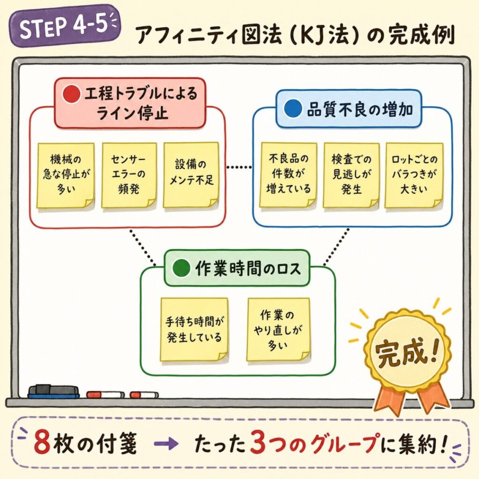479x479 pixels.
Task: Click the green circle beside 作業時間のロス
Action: [x=180, y=269]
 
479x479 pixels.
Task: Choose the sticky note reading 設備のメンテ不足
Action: [x=191, y=174]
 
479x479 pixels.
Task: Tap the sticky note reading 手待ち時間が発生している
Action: [x=194, y=329]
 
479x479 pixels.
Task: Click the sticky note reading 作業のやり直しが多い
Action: [x=278, y=329]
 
